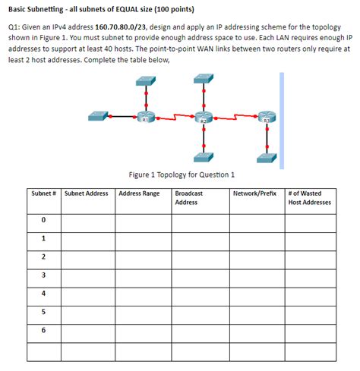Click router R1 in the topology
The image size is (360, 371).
pyautogui.click(x=145, y=118)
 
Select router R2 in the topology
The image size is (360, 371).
pyautogui.click(x=203, y=118)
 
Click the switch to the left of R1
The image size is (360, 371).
pyautogui.click(x=99, y=118)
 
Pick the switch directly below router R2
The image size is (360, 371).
pyautogui.click(x=203, y=157)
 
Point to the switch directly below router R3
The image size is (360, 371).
pyautogui.click(x=267, y=157)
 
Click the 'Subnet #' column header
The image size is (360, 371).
pyautogui.click(x=44, y=194)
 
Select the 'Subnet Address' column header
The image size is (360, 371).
pyautogui.click(x=87, y=194)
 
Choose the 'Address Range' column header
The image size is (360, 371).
pyautogui.click(x=139, y=194)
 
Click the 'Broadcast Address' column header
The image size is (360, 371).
pyautogui.click(x=188, y=198)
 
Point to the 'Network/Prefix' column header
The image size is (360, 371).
pyautogui.click(x=256, y=194)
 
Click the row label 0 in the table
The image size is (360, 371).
pyautogui.click(x=44, y=221)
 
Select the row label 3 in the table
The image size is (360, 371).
pyautogui.click(x=44, y=275)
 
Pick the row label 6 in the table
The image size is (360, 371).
pyautogui.click(x=44, y=329)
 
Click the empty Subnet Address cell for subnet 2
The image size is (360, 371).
pyautogui.click(x=87, y=257)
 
